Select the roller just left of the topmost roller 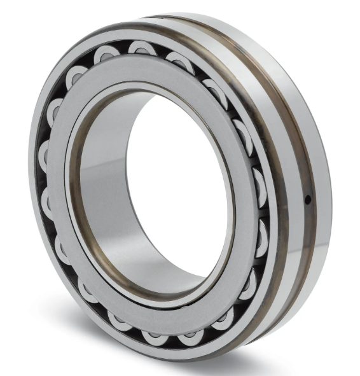pyautogui.click(x=106, y=56)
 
